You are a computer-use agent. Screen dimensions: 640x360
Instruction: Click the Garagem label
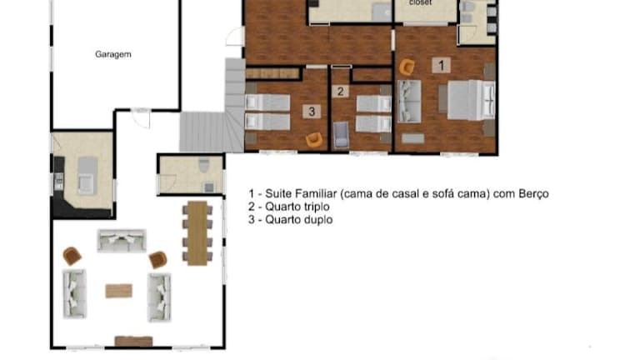(113, 54)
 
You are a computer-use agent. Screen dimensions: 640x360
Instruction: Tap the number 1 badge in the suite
(441, 65)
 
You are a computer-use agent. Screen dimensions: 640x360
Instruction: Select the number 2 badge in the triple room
(340, 92)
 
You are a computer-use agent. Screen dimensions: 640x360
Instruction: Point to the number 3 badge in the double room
(312, 112)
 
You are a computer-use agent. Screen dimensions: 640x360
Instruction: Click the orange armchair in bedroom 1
(407, 67)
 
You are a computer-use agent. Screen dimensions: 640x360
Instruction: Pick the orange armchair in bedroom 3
(314, 140)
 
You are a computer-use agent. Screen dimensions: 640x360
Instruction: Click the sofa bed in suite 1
(409, 101)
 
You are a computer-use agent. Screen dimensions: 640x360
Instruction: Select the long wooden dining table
(197, 233)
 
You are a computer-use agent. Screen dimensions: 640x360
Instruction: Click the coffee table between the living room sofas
(119, 291)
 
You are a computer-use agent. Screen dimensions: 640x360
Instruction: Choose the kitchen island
(87, 176)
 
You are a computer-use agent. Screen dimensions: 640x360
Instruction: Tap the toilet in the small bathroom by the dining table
(204, 165)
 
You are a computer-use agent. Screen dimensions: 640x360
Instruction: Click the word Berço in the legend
(533, 193)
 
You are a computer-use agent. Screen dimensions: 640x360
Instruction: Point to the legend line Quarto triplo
(289, 207)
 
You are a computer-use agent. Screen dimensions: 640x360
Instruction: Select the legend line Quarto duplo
(291, 220)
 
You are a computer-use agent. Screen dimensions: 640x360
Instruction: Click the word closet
(420, 2)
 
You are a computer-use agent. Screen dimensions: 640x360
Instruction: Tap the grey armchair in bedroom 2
(341, 135)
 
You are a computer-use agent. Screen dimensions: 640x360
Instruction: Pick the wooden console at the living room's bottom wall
(133, 341)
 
